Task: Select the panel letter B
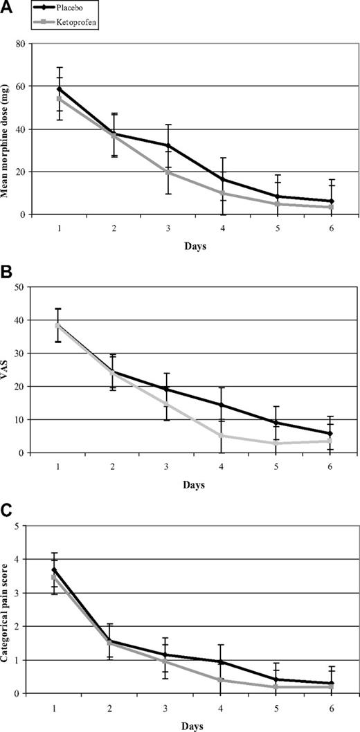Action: click(x=7, y=272)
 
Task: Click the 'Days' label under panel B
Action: click(x=195, y=485)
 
